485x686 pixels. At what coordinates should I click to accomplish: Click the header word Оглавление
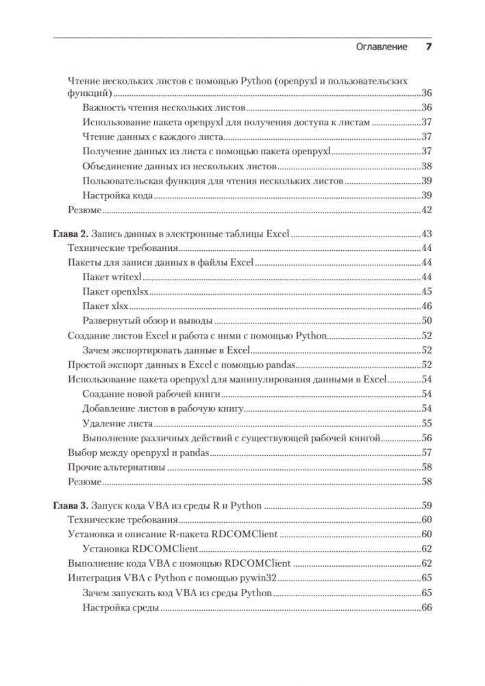coord(382,47)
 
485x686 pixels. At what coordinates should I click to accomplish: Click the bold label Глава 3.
coord(71,506)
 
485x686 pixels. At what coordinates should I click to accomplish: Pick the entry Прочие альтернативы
coord(116,467)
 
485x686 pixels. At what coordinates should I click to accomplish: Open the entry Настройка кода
coord(117,196)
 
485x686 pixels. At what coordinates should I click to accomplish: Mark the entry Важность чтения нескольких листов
coord(163,108)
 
